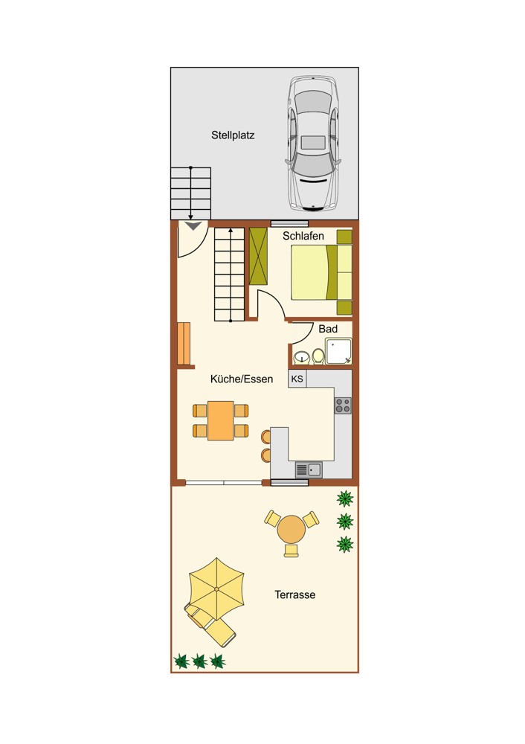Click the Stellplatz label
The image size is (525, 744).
point(233,135)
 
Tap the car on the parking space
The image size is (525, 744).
point(313,144)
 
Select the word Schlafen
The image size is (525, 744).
point(303,236)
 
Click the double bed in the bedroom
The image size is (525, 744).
point(321,272)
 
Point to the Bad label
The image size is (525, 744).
point(328,329)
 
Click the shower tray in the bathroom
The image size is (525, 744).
point(338,351)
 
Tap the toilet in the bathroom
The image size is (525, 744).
point(318,356)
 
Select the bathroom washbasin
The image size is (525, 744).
point(301,357)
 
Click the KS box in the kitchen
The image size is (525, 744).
point(297,379)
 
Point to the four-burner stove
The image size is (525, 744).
point(343,405)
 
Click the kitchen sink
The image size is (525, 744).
point(309,469)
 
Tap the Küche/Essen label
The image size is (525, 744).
point(242,379)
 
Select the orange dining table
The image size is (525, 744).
point(221,421)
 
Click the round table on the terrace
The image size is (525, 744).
point(292,530)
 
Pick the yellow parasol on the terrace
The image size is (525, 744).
point(216,589)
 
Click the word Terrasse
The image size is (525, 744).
point(295,595)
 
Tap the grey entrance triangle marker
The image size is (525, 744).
point(193,226)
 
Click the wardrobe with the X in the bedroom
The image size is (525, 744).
point(259,256)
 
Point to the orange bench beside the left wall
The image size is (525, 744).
point(184,344)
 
